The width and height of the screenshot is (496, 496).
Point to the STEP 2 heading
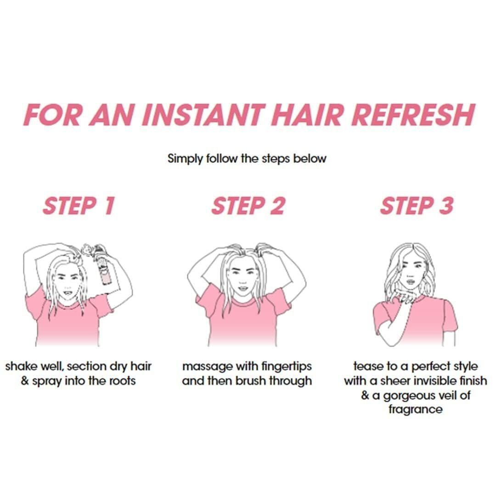[248, 206]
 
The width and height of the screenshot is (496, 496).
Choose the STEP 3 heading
[417, 206]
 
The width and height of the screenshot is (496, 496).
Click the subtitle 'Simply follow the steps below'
[247, 159]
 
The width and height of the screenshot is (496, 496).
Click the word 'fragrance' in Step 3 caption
[415, 409]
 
